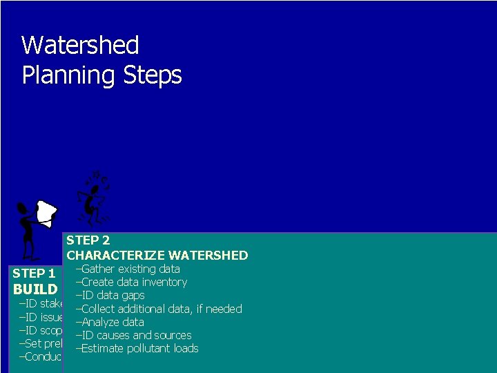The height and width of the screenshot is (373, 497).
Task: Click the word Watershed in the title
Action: [x=80, y=46]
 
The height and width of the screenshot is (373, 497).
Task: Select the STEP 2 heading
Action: [x=88, y=240]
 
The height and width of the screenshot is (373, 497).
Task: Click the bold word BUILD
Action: [x=39, y=289]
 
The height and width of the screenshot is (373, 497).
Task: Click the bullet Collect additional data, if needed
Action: [x=159, y=309]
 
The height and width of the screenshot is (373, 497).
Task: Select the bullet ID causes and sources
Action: [x=133, y=335]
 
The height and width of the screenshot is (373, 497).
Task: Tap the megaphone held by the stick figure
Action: [x=46, y=212]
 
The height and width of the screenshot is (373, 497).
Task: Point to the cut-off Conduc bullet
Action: [x=40, y=356]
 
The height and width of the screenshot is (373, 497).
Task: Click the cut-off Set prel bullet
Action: [x=40, y=343]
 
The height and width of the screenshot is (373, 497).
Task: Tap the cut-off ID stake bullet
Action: [x=40, y=303]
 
